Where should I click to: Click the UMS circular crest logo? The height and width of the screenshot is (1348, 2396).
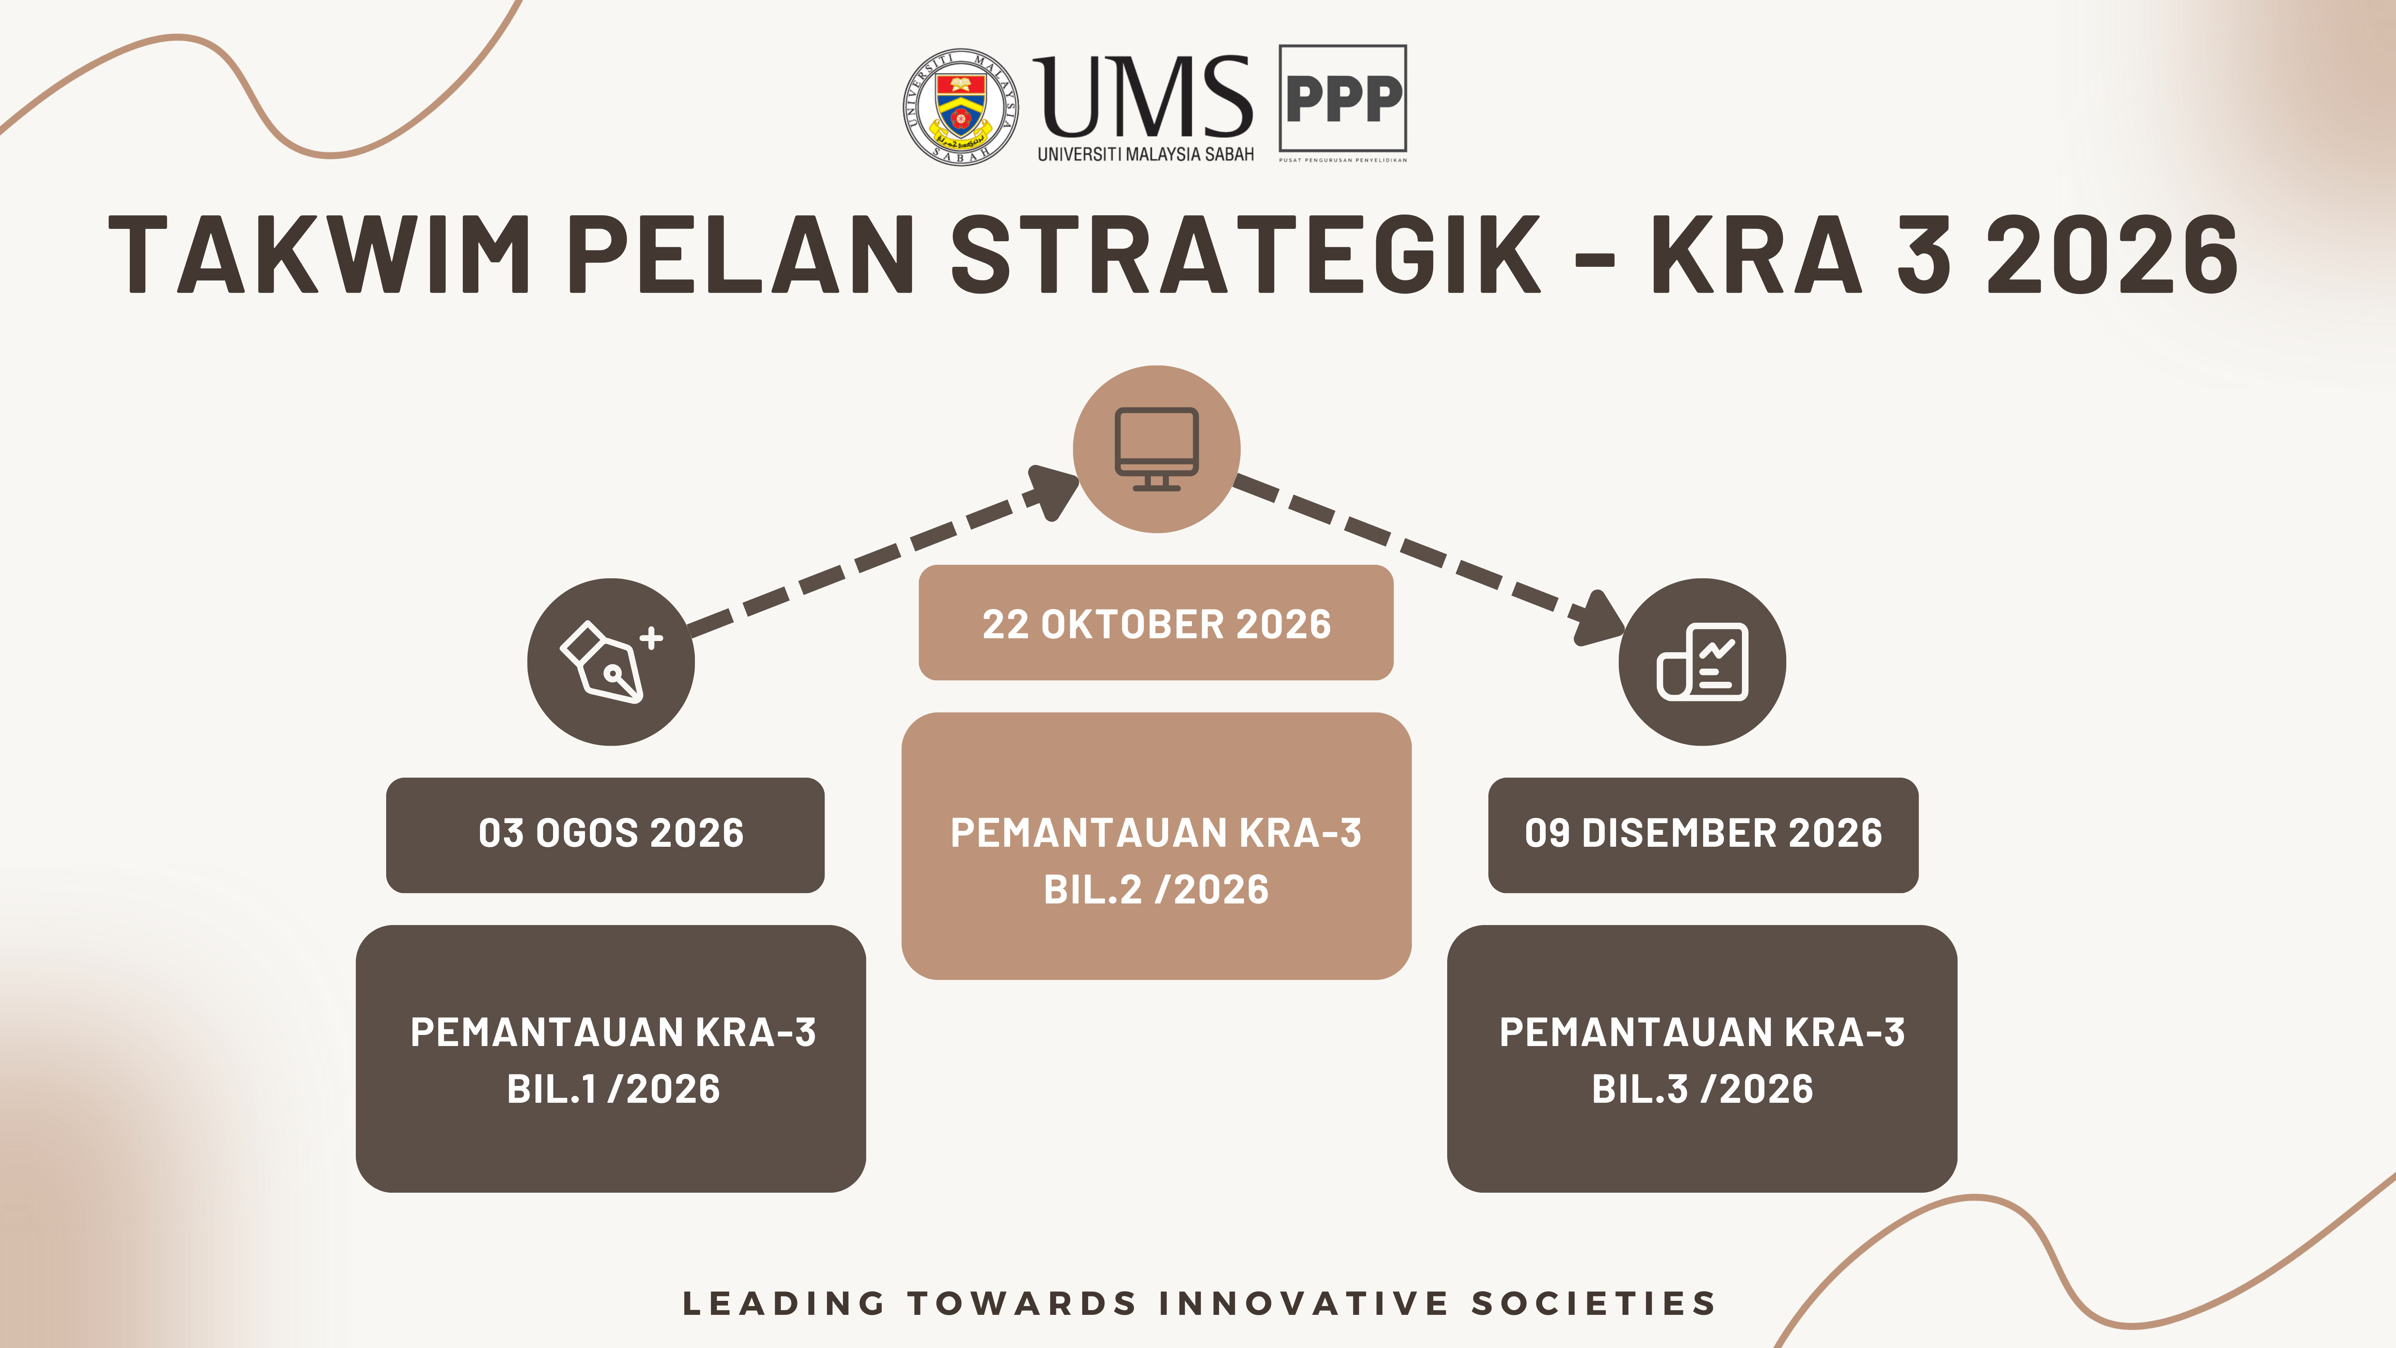coord(961,107)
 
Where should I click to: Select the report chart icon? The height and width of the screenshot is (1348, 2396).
coord(1702,661)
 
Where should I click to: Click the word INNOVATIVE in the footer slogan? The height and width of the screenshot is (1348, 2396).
coord(1304,1303)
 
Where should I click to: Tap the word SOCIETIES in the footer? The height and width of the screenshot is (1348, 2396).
coord(1593,1303)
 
